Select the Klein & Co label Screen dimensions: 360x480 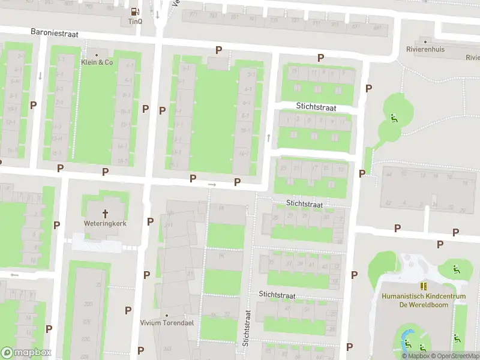point(97,62)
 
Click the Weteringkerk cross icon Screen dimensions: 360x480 point(106,213)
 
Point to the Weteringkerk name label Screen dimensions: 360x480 point(105,223)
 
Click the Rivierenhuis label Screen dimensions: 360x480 point(425,49)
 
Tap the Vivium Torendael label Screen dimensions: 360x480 point(167,323)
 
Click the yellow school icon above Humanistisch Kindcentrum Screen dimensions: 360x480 point(423,287)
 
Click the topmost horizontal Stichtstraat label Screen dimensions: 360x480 point(316,107)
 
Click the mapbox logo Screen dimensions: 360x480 point(26,353)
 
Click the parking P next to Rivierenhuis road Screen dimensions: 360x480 point(320,58)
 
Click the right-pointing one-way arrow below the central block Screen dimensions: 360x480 point(211,184)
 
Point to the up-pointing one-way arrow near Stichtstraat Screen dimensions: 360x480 point(268,138)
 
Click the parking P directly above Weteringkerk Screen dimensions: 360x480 point(106,172)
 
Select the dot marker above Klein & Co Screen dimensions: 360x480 point(97,55)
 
